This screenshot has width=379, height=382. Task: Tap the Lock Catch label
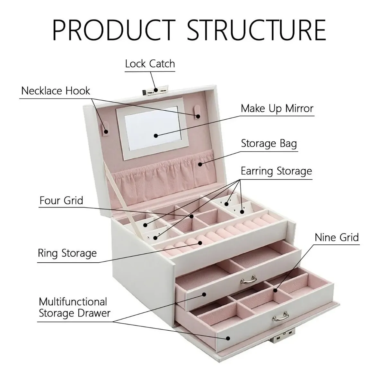(x=150, y=64)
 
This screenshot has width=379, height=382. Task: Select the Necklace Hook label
(x=56, y=91)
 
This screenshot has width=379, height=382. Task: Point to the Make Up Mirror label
(x=277, y=108)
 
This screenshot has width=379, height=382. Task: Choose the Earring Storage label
(x=276, y=171)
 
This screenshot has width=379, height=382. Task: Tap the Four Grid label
(x=61, y=200)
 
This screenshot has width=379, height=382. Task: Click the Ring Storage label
(x=67, y=253)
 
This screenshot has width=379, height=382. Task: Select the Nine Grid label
(x=336, y=237)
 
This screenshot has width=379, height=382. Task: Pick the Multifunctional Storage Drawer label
(x=74, y=307)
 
